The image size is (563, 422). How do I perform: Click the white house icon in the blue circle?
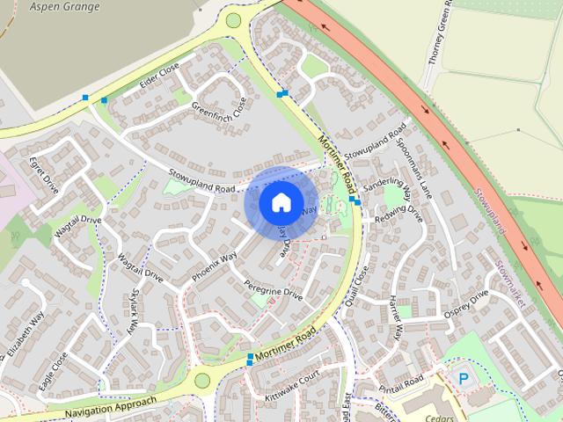coord(280,202)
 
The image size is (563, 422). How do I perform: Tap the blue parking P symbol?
coord(463,378)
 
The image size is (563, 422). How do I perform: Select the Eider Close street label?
coord(159,78)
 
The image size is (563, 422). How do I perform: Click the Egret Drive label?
coord(43,175)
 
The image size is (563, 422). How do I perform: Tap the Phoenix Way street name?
coord(216,268)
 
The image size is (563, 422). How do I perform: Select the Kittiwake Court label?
coord(290,387)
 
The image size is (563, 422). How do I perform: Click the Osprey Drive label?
coord(466,302)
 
